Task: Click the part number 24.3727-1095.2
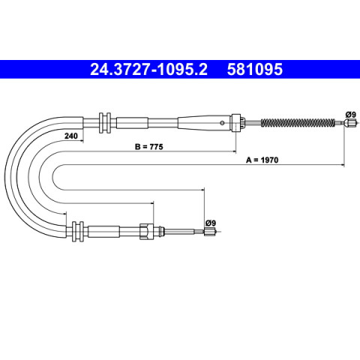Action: (x=148, y=69)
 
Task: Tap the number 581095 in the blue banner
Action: (x=255, y=69)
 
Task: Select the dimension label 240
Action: (x=71, y=136)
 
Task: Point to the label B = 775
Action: (x=149, y=147)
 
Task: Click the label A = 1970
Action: (x=262, y=160)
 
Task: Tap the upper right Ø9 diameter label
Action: (x=350, y=115)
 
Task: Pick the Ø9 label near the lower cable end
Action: (x=211, y=223)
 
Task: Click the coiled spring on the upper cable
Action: (x=298, y=122)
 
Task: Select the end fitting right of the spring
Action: (x=349, y=123)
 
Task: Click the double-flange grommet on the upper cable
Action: (x=105, y=123)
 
